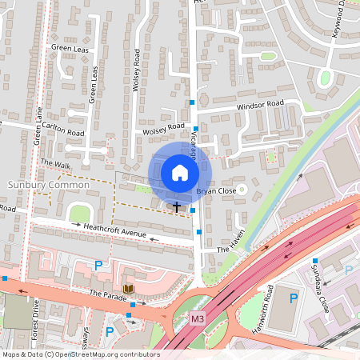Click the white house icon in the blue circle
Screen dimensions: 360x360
tap(180, 173)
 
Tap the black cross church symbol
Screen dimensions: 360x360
tap(176, 206)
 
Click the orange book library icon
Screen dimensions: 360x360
tap(128, 288)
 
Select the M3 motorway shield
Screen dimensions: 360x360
tap(198, 318)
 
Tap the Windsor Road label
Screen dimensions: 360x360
tap(260, 104)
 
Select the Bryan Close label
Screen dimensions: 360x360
tap(214, 193)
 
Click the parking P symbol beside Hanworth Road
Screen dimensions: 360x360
tap(293, 298)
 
